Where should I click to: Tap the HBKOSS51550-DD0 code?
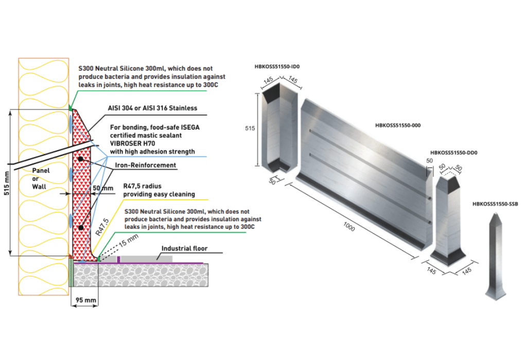point(451,153)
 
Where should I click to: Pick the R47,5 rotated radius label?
point(102,226)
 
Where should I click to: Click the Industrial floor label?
point(184,248)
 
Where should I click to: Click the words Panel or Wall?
point(41,177)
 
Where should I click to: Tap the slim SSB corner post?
point(495,257)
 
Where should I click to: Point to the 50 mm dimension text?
point(102,188)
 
